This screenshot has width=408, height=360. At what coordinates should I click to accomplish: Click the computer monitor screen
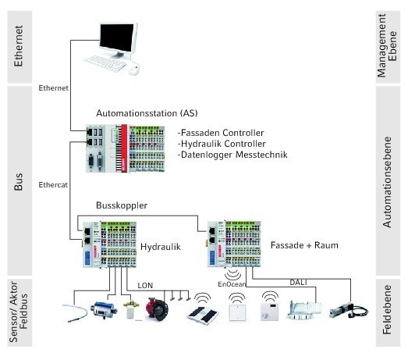[117, 37]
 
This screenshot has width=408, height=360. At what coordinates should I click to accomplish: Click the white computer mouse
[134, 70]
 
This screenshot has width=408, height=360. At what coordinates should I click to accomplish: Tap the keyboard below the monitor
[105, 63]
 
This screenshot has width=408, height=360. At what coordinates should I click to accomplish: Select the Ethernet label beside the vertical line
[53, 88]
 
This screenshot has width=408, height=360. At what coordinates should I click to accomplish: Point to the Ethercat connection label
[53, 185]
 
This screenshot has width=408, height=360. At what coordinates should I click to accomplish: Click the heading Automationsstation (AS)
[147, 113]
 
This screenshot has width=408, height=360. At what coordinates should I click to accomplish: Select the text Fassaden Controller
[222, 133]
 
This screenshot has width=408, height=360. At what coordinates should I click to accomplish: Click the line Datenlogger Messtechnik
[234, 155]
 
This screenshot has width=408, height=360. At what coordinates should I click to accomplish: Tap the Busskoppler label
[122, 205]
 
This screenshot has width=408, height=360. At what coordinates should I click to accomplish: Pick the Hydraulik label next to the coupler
[161, 247]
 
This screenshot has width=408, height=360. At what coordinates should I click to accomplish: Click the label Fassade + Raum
[304, 245]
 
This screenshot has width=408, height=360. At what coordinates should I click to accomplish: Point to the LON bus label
[145, 286]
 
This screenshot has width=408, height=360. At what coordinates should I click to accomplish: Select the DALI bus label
[299, 283]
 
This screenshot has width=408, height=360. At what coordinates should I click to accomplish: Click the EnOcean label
[232, 284]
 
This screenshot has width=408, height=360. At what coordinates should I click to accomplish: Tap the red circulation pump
[157, 308]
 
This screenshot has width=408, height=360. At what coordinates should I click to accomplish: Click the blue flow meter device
[104, 310]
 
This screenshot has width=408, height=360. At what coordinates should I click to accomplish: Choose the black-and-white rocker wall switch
[203, 315]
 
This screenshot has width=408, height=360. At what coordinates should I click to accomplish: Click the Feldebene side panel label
[387, 310]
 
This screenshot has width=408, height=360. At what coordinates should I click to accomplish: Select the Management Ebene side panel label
[387, 46]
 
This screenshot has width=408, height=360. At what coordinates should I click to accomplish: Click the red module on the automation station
[124, 148]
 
